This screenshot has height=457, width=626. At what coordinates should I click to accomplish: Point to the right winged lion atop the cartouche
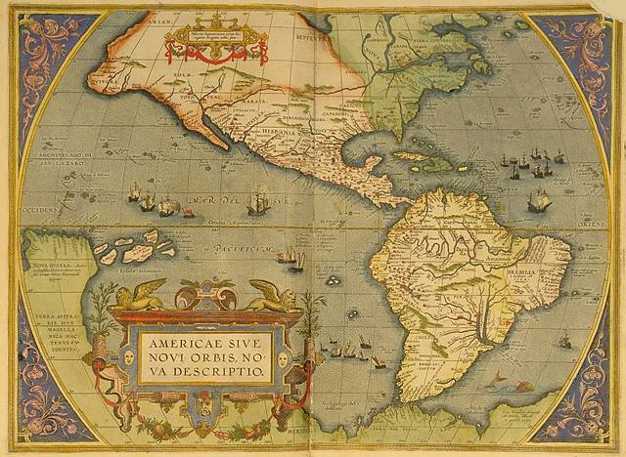pyautogui.click(x=274, y=296)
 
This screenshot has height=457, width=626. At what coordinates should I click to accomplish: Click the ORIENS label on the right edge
pyautogui.click(x=593, y=224)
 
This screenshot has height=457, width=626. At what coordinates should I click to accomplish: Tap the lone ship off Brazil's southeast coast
pyautogui.click(x=563, y=341)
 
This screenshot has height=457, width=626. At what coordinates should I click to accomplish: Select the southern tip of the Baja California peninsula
pyautogui.click(x=226, y=146)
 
